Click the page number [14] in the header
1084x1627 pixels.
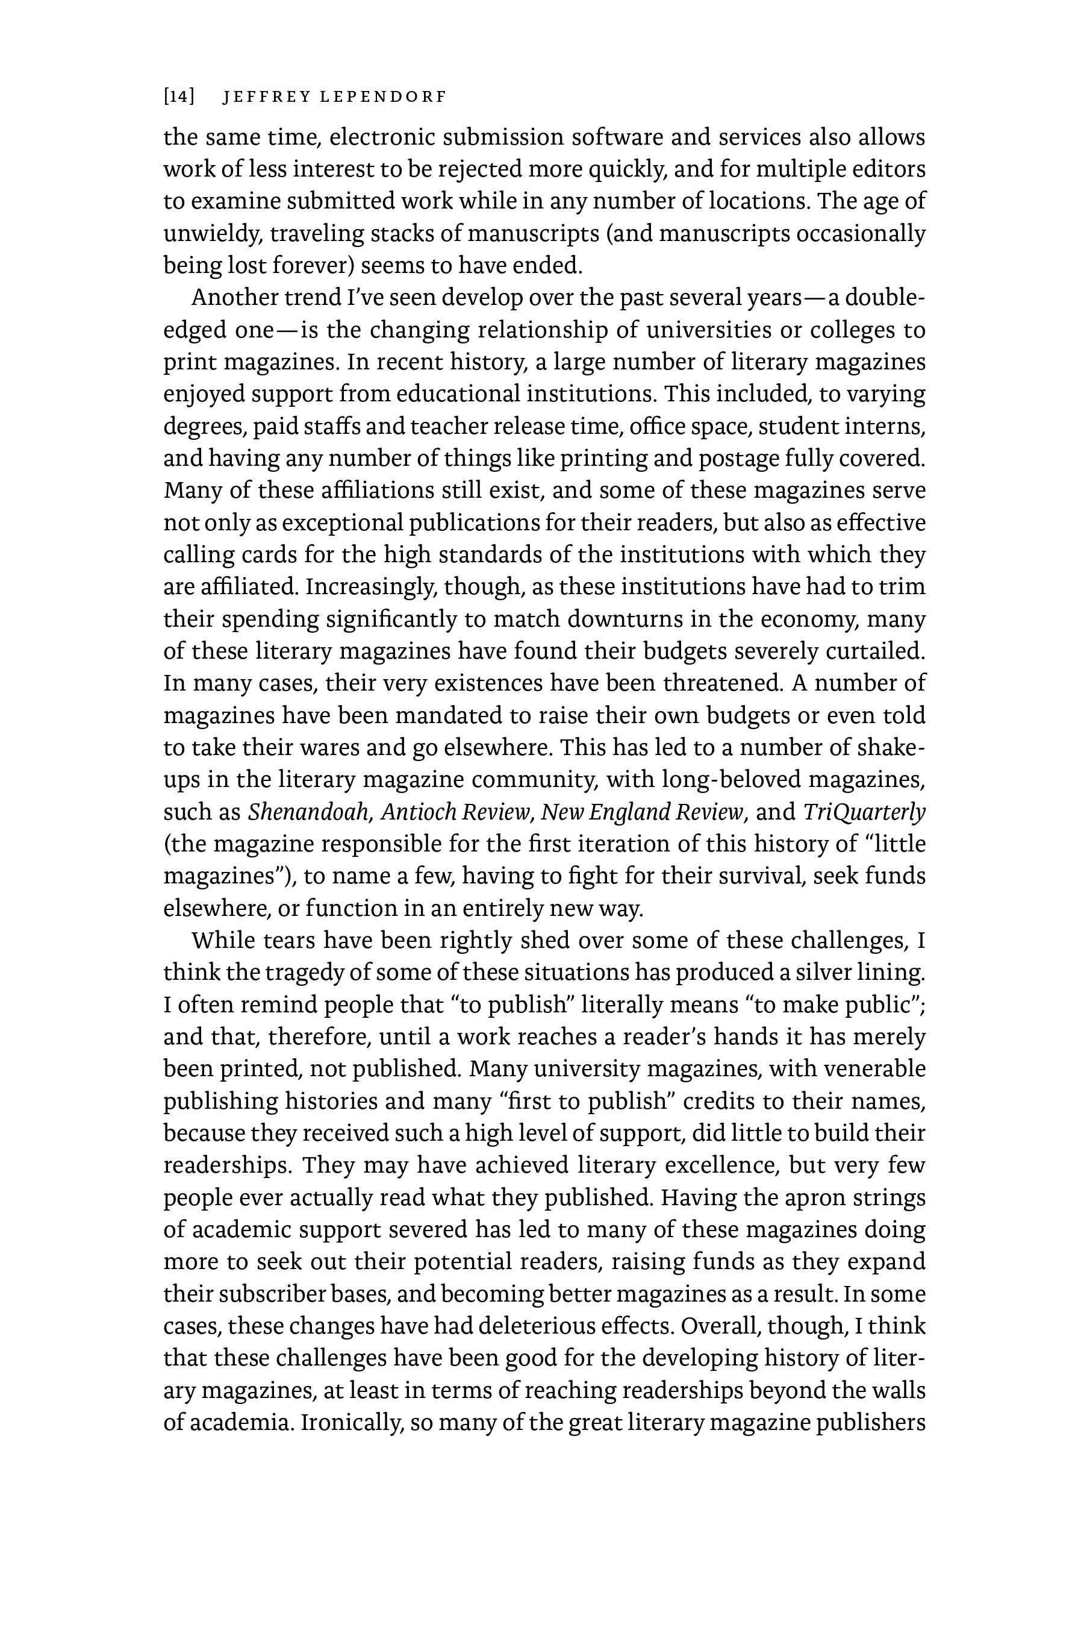tap(178, 97)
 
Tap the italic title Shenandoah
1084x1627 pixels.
tap(308, 812)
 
